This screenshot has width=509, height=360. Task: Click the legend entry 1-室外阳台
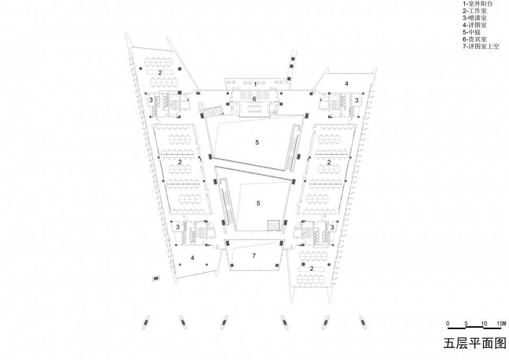point(478,4)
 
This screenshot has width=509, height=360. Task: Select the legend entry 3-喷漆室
point(475,18)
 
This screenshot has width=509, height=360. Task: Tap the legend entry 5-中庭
point(471,32)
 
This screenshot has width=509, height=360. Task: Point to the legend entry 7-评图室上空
point(481,47)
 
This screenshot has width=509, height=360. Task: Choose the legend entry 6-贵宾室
point(475,39)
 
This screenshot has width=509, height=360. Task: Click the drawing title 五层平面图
point(475,343)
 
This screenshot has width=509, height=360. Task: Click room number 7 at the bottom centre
point(254,256)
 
